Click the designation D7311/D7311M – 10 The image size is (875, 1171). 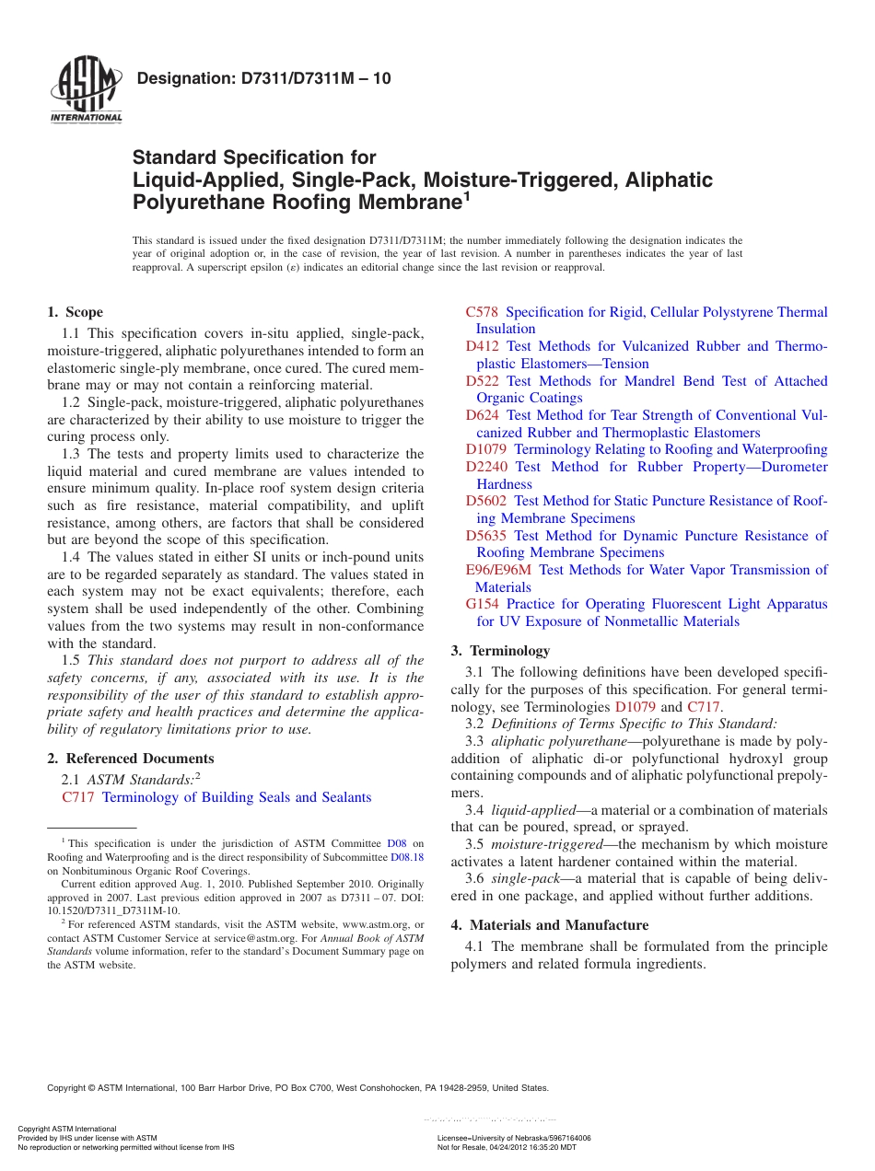263,79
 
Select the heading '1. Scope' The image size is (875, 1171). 76,312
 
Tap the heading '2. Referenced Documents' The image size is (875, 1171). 130,759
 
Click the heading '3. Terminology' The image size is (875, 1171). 500,651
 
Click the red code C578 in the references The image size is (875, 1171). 482,312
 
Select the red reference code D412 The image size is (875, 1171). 483,346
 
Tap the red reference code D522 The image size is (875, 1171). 483,381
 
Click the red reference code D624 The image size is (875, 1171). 483,415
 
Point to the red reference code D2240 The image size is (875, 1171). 486,467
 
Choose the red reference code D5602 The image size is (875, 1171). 486,501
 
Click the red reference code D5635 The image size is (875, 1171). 486,536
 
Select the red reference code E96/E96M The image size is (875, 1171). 498,570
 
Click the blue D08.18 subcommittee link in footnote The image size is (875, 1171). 407,856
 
